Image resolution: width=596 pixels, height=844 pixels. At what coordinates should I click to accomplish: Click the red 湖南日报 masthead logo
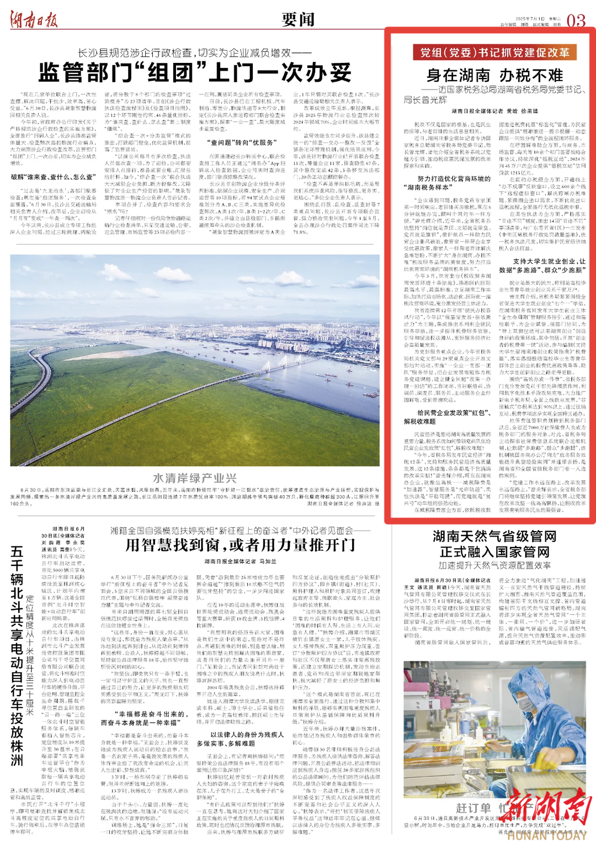coord(34,20)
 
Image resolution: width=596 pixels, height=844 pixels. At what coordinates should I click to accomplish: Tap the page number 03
coord(576,21)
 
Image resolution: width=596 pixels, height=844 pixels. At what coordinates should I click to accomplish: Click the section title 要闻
coord(297,19)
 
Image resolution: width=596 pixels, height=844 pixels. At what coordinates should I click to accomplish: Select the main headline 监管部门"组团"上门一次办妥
coord(194,72)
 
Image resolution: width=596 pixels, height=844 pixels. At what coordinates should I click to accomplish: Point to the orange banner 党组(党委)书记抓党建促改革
coord(491,52)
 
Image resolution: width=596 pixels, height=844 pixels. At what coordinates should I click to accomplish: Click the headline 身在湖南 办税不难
coord(494,75)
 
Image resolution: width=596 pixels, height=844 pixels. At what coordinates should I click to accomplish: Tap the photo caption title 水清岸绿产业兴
coord(194,478)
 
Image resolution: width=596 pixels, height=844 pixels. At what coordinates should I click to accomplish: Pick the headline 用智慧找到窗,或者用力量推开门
coord(240,545)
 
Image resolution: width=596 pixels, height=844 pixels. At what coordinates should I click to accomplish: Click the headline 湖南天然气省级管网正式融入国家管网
coord(494,544)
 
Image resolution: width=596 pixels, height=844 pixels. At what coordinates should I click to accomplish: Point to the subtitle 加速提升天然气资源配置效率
coord(494,565)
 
